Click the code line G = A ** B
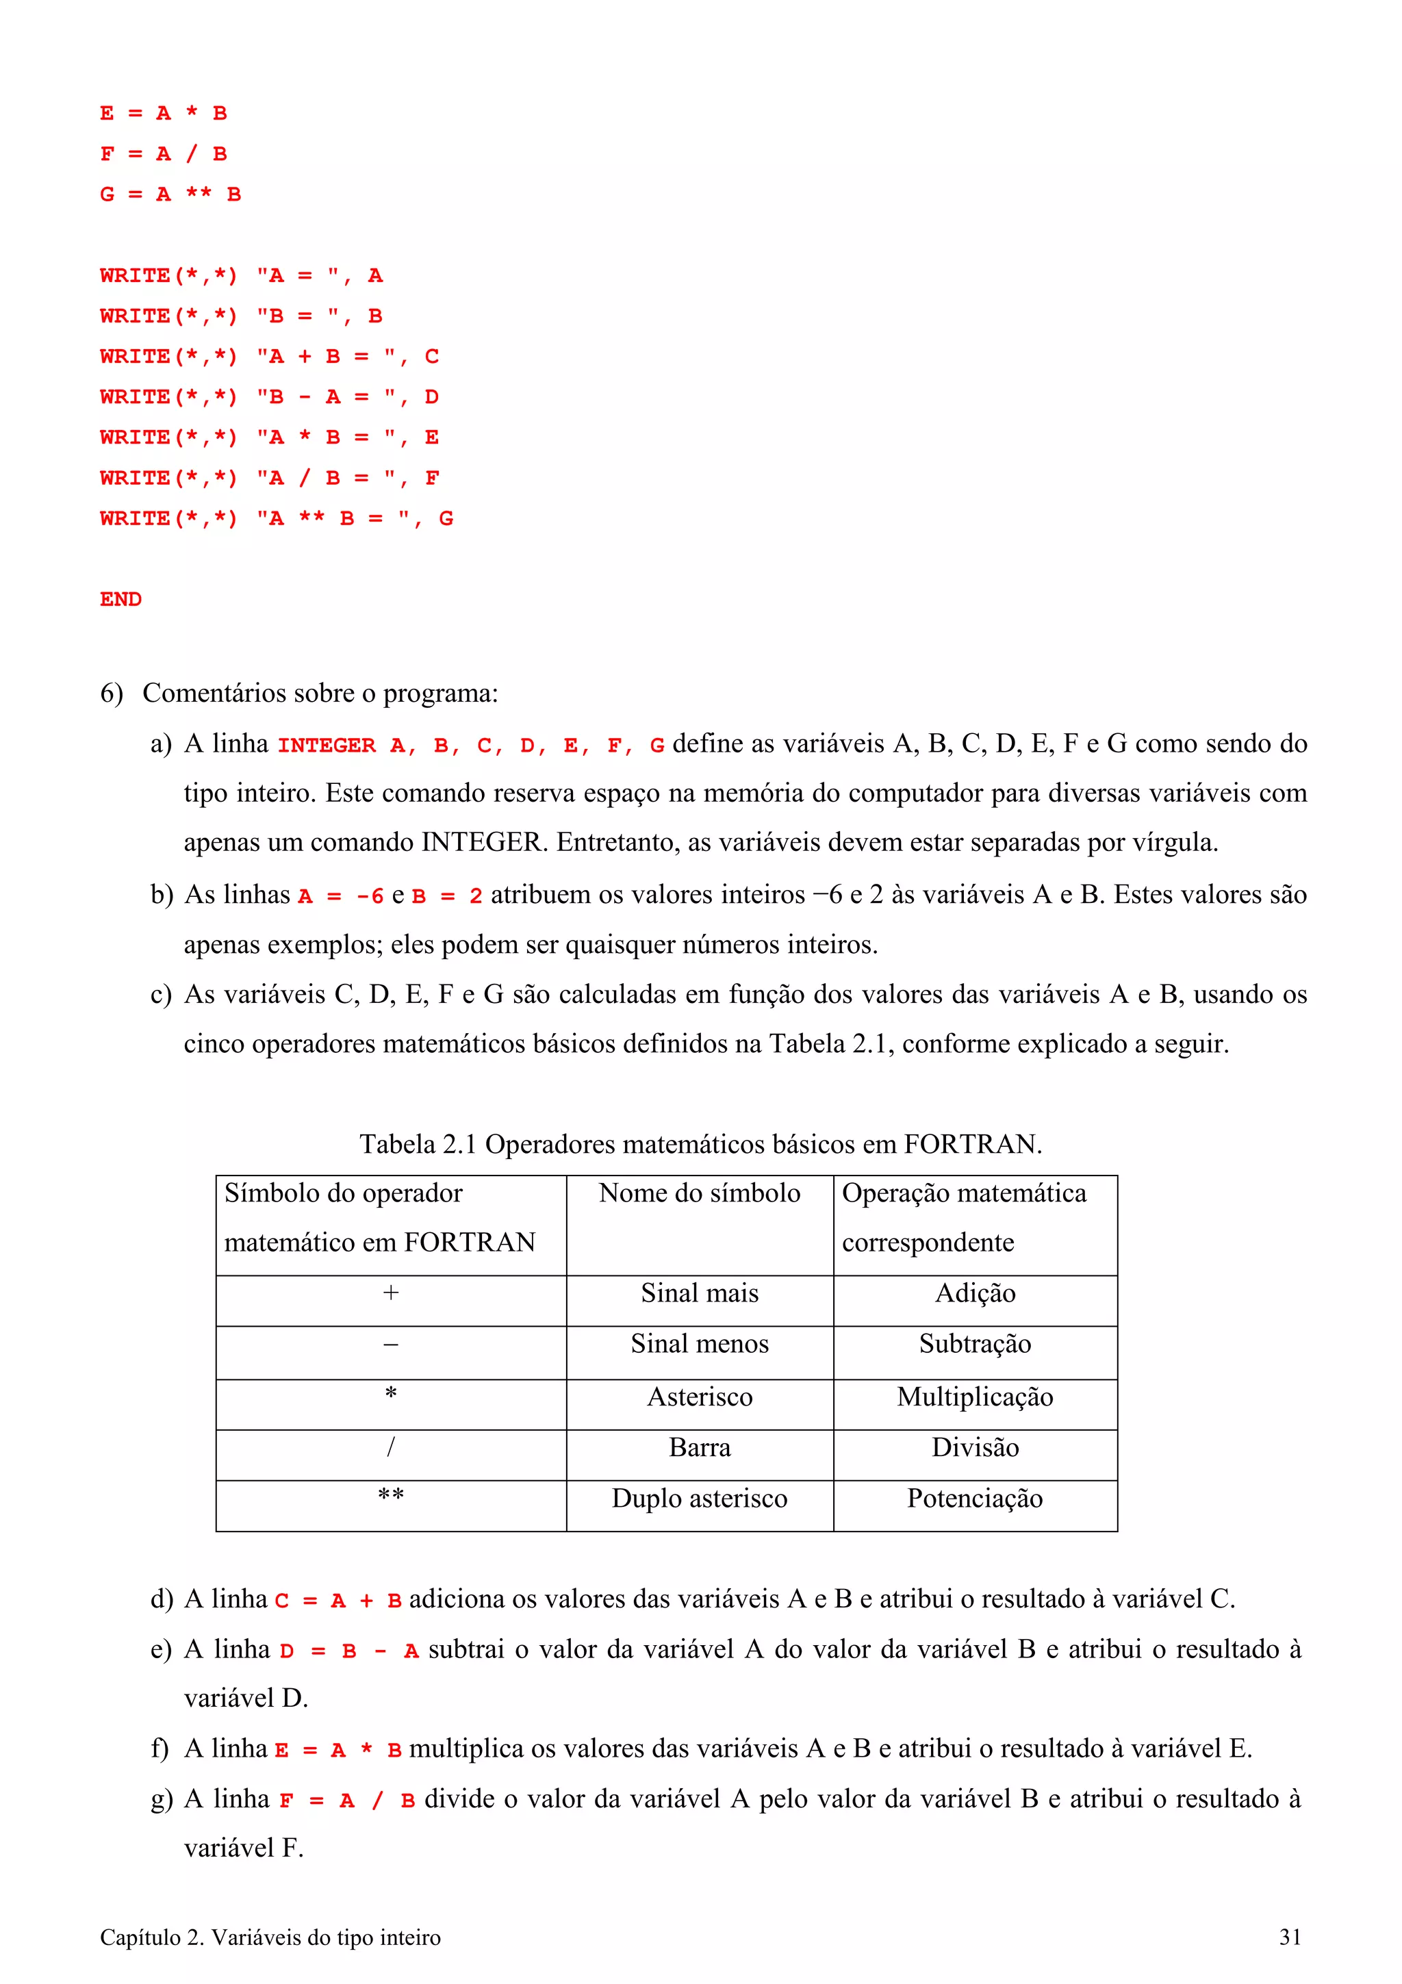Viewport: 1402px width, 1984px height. [x=170, y=194]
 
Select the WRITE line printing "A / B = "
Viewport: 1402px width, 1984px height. [x=270, y=478]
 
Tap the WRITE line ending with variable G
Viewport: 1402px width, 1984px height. [x=277, y=518]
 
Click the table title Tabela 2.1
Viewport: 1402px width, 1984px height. [x=700, y=1144]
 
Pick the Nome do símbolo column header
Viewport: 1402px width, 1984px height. [x=699, y=1193]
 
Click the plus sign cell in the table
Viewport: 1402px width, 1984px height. [x=390, y=1294]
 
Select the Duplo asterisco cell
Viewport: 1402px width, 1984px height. [x=699, y=1499]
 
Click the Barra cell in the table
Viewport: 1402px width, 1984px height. [x=699, y=1447]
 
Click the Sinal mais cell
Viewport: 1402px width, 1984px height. [x=699, y=1294]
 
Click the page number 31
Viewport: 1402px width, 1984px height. [x=1290, y=1937]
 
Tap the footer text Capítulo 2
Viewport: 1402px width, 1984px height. [x=270, y=1937]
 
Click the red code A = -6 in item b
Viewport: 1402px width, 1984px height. [x=340, y=897]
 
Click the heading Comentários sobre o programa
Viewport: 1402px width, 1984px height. [x=320, y=693]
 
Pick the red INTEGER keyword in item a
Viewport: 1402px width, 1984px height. [x=327, y=746]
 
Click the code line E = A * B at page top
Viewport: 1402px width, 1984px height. [x=163, y=113]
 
